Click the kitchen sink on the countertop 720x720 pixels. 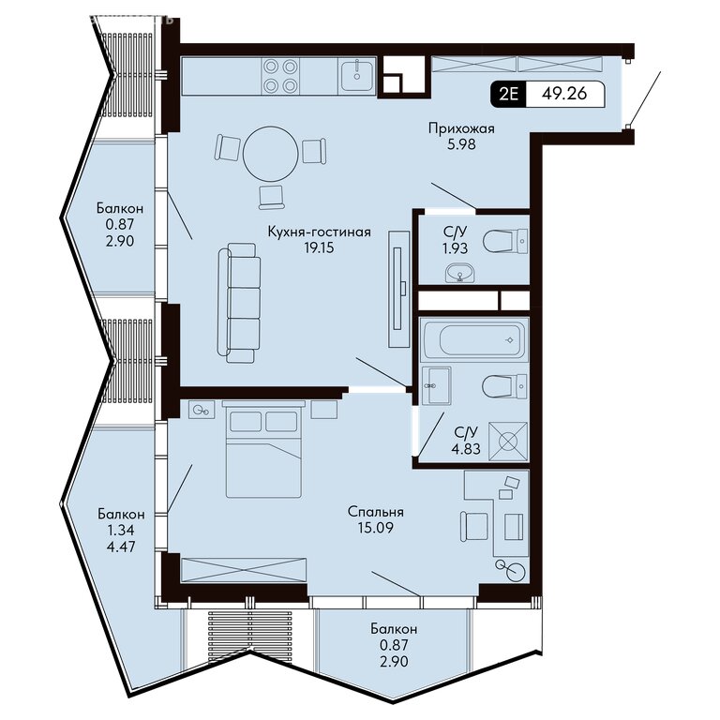click(x=357, y=73)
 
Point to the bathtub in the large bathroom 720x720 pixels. click(x=474, y=339)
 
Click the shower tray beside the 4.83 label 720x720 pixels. click(x=507, y=442)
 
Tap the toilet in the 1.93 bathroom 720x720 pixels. click(x=505, y=241)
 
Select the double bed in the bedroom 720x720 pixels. click(x=263, y=449)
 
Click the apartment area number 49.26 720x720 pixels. click(x=563, y=93)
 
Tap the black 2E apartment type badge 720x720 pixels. click(x=508, y=94)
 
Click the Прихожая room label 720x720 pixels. click(x=461, y=128)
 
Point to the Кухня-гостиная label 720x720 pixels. click(x=319, y=232)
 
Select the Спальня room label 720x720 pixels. click(x=375, y=512)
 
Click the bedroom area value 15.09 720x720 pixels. click(x=375, y=528)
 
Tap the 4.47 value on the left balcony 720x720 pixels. click(x=121, y=547)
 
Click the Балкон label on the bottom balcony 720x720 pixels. click(x=394, y=628)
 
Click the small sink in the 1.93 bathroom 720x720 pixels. click(x=459, y=273)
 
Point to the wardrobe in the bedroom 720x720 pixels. click(x=244, y=570)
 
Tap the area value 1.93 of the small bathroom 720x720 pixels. click(x=455, y=248)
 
